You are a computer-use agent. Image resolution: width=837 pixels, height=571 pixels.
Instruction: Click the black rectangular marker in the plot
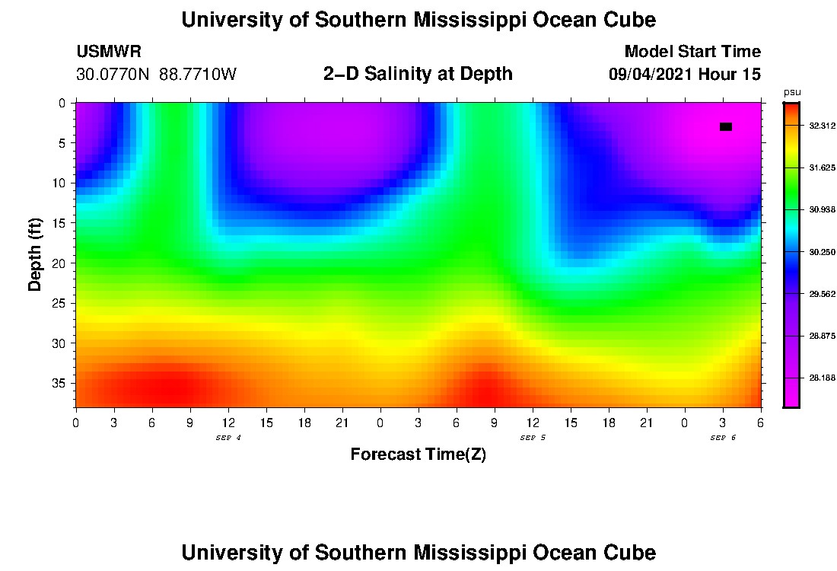(x=726, y=126)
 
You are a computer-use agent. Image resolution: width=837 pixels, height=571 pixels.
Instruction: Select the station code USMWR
(x=109, y=52)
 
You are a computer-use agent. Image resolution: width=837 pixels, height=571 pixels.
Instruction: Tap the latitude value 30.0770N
(x=114, y=75)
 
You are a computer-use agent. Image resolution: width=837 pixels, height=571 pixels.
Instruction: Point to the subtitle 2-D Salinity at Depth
(x=418, y=74)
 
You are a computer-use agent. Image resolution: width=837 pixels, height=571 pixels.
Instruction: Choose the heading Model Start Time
(x=692, y=52)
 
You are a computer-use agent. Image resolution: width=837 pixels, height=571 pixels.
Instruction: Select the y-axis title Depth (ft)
(x=35, y=254)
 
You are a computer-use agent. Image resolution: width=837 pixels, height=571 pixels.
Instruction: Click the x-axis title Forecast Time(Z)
(x=418, y=455)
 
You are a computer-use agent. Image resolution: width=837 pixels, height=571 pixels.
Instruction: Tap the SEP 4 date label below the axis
(x=228, y=438)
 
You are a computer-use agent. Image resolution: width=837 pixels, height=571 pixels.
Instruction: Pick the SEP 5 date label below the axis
(x=533, y=438)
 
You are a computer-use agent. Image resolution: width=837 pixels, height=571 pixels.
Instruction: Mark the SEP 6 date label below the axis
(x=723, y=438)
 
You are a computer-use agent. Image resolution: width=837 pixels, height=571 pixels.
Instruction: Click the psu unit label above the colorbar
(x=791, y=92)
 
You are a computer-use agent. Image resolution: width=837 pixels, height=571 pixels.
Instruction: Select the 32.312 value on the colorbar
(x=823, y=126)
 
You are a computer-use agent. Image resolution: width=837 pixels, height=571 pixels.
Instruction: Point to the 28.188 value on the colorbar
(x=823, y=378)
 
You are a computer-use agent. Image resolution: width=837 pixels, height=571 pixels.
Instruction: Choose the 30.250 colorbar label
(x=823, y=252)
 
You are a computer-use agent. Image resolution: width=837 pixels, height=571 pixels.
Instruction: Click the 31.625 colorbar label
(x=823, y=167)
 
